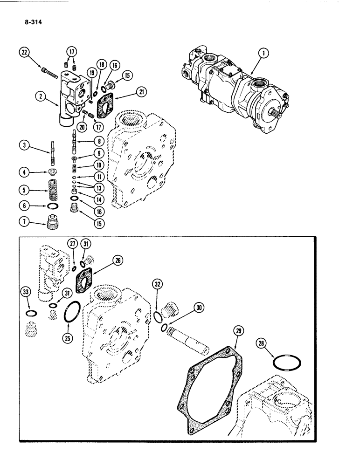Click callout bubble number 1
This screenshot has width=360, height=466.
pyautogui.click(x=264, y=54)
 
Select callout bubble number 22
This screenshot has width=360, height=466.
pyautogui.click(x=23, y=53)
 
